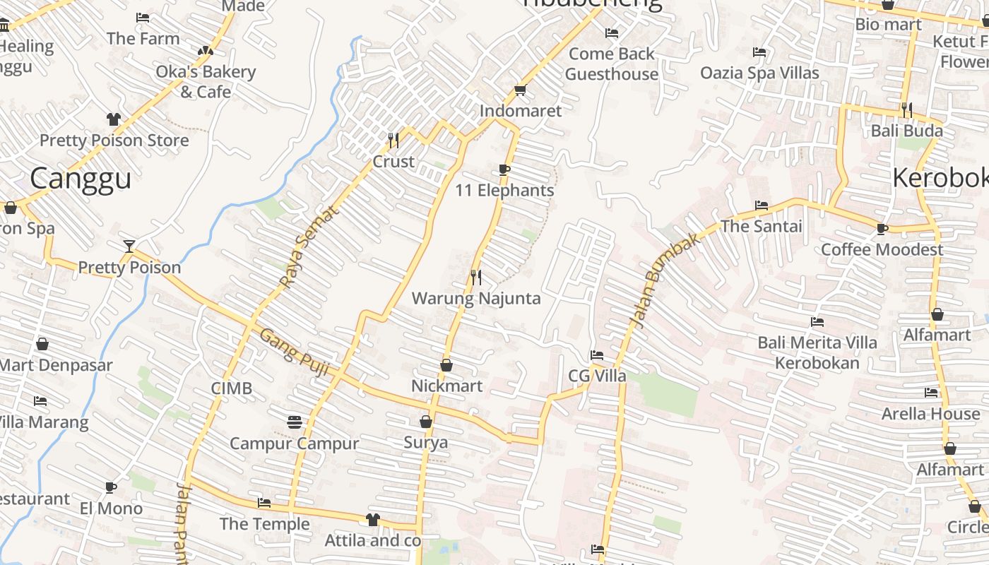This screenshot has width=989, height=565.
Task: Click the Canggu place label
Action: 81,179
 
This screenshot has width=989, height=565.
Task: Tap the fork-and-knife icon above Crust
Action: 393,141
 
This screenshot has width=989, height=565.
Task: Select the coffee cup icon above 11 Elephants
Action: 504,169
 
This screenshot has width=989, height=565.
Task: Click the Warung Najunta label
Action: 476,298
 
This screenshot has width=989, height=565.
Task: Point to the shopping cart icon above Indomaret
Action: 521,90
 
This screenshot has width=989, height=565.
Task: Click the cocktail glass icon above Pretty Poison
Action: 129,246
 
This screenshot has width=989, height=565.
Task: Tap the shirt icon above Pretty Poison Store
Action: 114,119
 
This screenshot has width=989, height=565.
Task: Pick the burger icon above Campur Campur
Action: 295,422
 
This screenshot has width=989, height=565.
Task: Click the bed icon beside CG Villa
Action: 597,355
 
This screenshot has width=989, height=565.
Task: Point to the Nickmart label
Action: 446,386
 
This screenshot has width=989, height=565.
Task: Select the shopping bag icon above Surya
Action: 426,422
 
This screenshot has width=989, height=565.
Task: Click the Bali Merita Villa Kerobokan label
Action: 817,352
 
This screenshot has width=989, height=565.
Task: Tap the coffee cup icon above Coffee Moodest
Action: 882,229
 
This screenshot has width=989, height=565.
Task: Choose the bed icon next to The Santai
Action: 761,206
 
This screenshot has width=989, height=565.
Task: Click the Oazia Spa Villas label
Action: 759,73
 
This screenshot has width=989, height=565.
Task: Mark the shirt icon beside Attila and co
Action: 373,520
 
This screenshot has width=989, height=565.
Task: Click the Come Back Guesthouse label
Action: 612,64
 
